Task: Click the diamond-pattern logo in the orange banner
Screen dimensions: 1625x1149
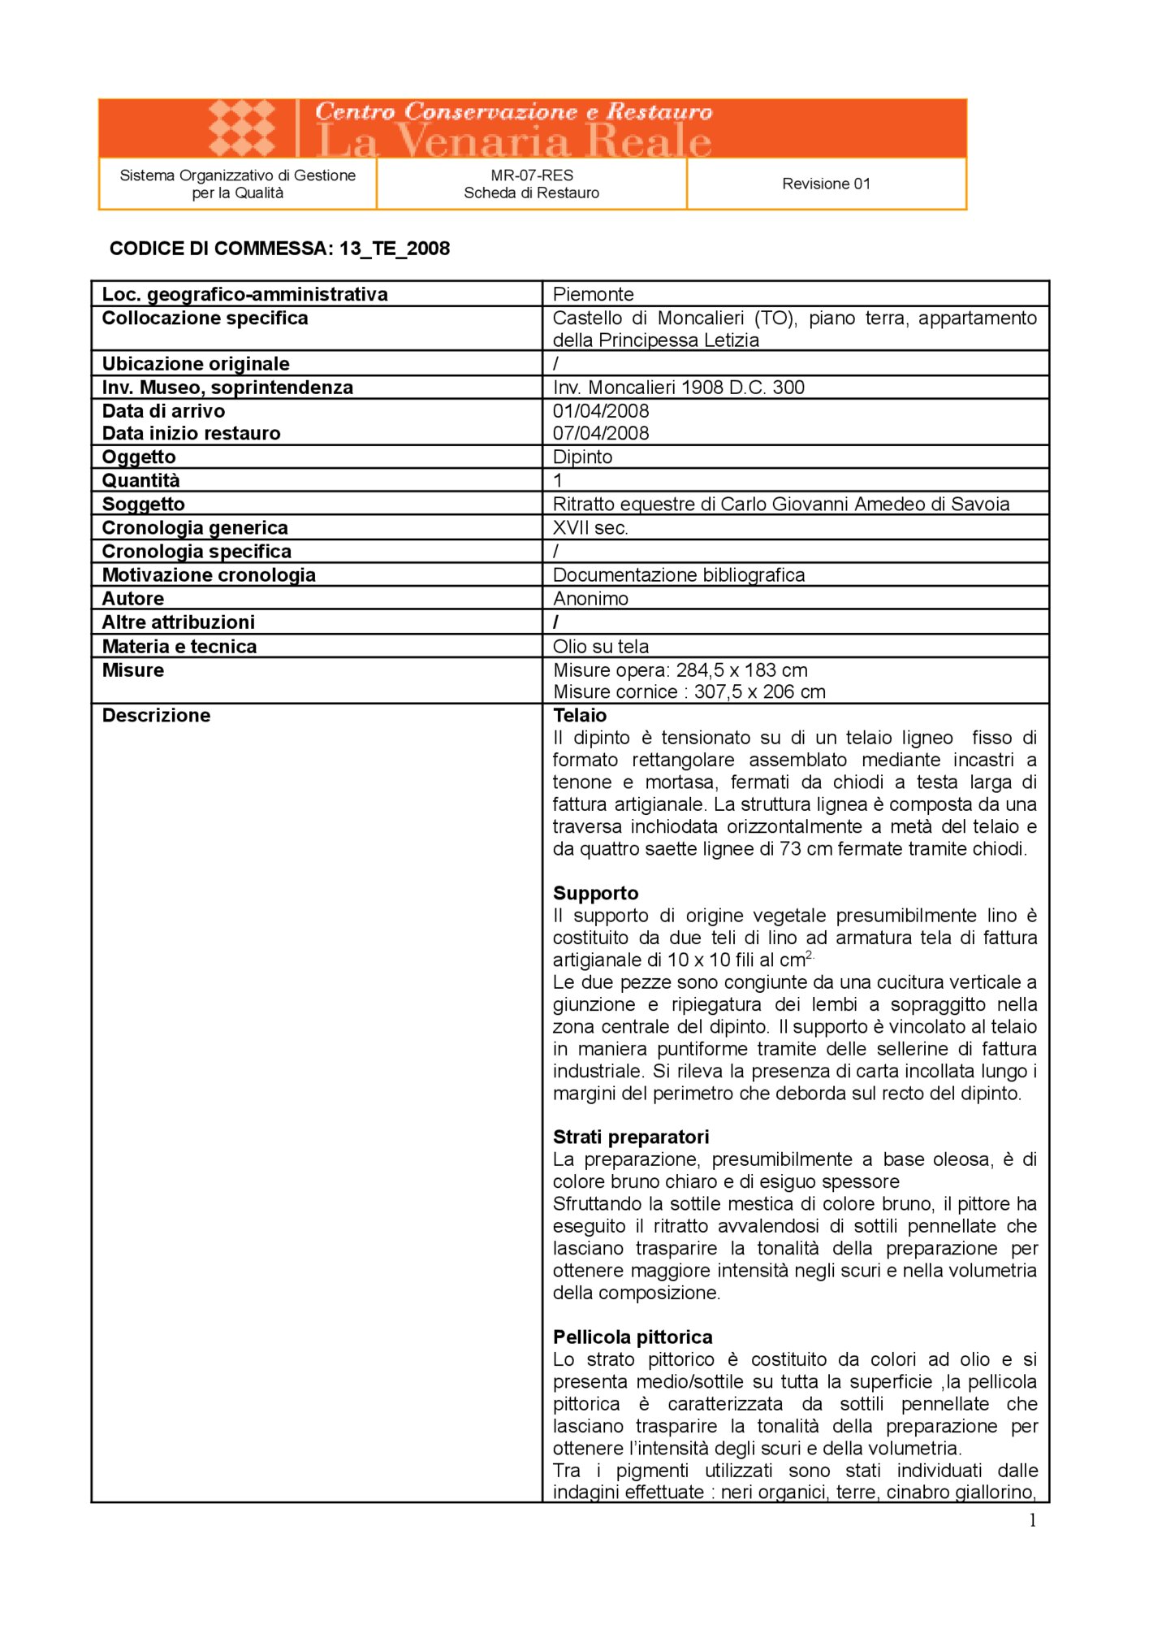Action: tap(242, 128)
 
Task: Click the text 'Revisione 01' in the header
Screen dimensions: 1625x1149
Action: tap(826, 184)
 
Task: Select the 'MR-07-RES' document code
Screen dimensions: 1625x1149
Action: tap(532, 175)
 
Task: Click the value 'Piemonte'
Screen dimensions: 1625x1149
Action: tap(593, 294)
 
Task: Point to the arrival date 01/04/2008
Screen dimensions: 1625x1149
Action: tap(601, 411)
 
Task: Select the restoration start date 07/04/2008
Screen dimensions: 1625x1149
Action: tap(601, 433)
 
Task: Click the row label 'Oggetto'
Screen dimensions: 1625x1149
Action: tap(139, 457)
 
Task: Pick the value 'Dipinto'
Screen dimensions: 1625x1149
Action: tap(582, 457)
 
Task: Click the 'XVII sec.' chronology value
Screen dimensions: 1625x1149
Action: tap(590, 528)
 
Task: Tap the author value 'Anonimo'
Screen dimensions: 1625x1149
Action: tap(590, 599)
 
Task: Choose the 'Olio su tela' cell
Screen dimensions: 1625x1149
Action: tap(601, 647)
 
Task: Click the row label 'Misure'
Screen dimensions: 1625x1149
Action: tap(133, 670)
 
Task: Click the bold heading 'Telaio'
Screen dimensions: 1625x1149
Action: tap(580, 716)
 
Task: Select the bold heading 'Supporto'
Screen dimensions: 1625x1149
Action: tap(595, 894)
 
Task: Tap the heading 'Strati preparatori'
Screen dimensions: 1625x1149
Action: tap(631, 1137)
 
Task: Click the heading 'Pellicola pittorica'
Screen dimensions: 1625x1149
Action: tap(633, 1337)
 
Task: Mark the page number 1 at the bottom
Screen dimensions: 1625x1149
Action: tap(1032, 1521)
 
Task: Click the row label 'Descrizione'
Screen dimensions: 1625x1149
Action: tap(156, 716)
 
